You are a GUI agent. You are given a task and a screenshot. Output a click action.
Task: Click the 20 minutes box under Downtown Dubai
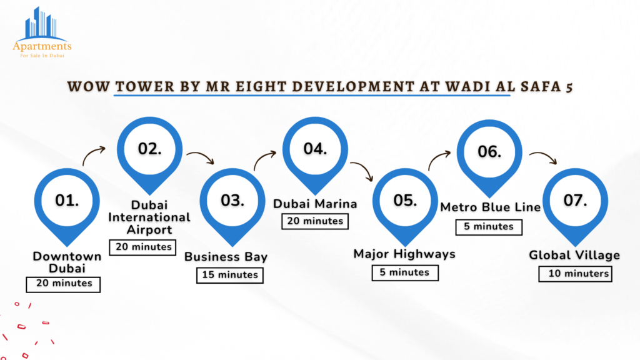point(63,284)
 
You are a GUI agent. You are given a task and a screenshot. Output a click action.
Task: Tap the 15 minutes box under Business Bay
point(230,275)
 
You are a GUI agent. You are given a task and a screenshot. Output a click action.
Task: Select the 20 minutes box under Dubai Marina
point(315,221)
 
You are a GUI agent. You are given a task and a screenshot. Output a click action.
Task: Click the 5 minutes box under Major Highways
point(405,272)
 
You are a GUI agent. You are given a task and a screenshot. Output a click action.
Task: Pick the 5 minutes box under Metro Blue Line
point(489,227)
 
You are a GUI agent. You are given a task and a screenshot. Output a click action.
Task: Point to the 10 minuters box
point(576,274)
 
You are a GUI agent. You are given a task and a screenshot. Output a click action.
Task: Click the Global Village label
point(575,256)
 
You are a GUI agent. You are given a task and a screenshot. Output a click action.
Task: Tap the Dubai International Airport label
point(149,217)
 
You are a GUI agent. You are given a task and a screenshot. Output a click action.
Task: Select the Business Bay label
point(226,257)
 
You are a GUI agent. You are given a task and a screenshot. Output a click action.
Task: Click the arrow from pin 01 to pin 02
point(92,153)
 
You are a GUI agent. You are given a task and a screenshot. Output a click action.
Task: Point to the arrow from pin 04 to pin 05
point(364,167)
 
